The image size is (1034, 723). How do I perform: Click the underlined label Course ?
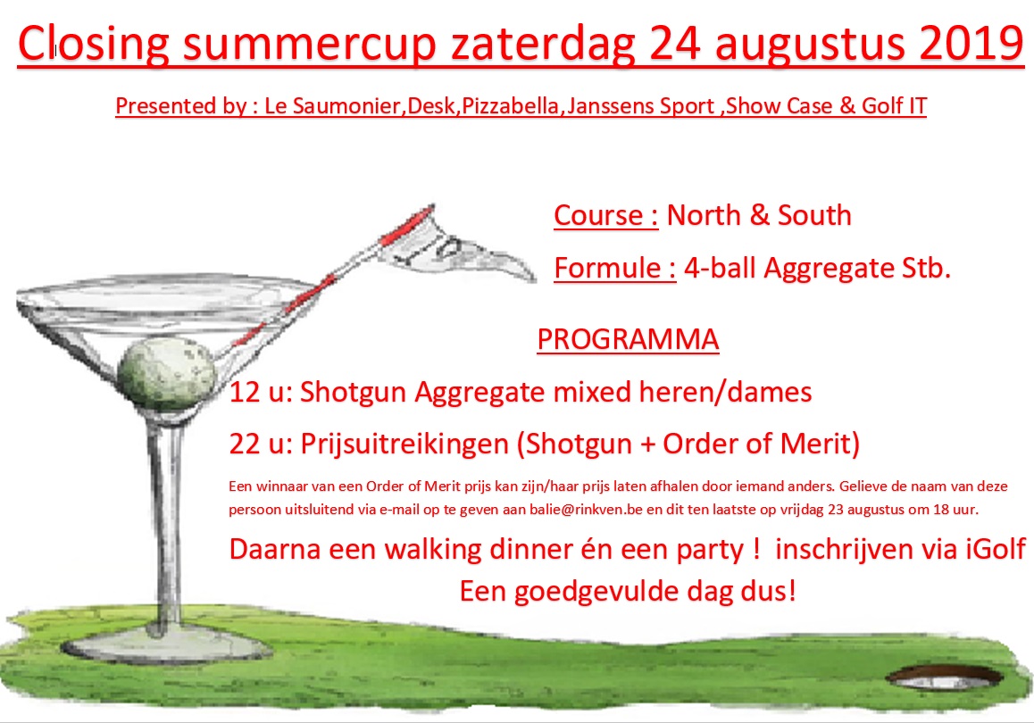606,215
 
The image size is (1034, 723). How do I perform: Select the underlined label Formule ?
614,269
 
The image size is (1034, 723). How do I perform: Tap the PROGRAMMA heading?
628,339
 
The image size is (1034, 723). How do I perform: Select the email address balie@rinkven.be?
586,510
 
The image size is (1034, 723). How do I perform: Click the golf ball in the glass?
167,372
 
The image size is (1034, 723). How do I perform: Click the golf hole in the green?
945,677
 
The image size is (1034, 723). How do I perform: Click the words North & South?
759,215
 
